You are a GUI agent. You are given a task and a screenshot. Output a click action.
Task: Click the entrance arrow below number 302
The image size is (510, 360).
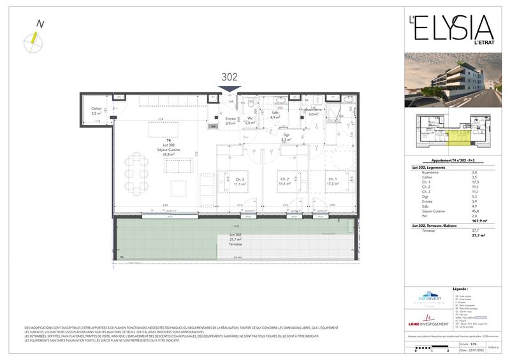(x=229, y=89)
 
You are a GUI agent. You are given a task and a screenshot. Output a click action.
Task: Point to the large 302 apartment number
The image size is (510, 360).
(x=229, y=76)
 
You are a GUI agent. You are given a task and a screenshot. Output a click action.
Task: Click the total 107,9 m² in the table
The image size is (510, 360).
(x=479, y=221)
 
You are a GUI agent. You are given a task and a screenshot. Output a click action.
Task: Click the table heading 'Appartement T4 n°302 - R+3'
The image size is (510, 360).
(x=450, y=161)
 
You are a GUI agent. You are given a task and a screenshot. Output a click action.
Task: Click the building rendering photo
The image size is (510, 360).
(x=450, y=79)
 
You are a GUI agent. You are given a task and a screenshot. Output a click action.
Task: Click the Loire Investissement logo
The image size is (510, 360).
(x=428, y=320)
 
